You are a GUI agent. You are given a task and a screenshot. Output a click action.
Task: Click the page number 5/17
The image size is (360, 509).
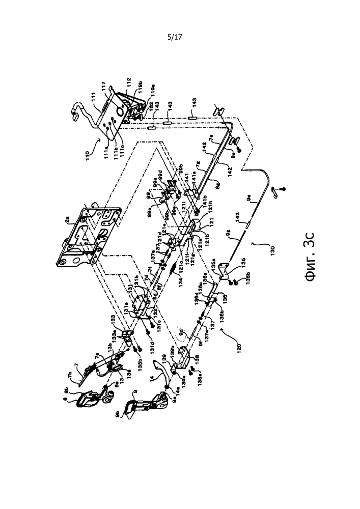pyautogui.click(x=174, y=38)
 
